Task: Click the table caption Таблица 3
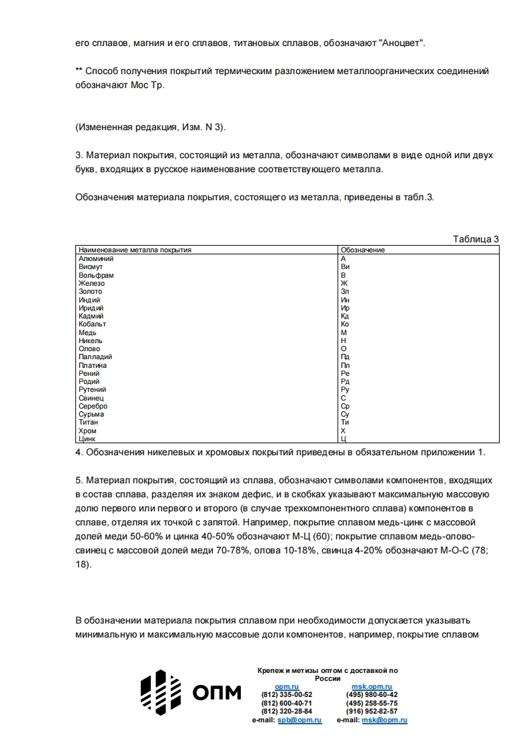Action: point(476,239)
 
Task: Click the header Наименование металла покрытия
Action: point(135,250)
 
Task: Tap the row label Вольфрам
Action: point(96,275)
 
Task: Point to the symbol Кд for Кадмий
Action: point(345,316)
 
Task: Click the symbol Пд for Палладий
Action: point(345,357)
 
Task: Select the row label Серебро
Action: point(93,406)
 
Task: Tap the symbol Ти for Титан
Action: point(345,422)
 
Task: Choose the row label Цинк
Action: point(87,439)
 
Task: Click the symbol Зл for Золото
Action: point(345,291)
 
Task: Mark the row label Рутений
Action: point(92,389)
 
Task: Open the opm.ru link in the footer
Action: point(287,686)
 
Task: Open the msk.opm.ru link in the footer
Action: point(372,686)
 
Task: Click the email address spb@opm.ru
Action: point(300,720)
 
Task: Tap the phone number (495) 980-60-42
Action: point(372,694)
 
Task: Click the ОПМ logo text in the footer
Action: point(217,694)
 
